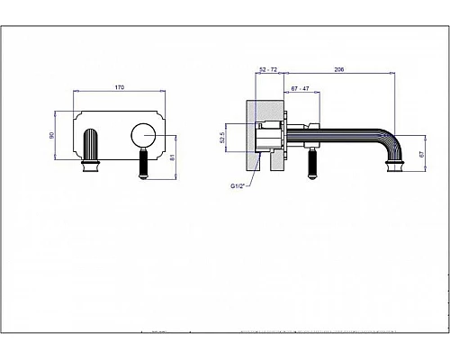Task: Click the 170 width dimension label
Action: (x=120, y=87)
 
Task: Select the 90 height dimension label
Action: (x=51, y=135)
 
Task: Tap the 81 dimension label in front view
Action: (x=172, y=157)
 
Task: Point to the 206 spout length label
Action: (x=339, y=69)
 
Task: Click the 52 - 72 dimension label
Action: (x=268, y=69)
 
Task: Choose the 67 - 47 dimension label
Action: (x=300, y=88)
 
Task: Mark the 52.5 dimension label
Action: (x=222, y=138)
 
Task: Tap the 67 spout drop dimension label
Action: (x=422, y=155)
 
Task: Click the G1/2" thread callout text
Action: (x=238, y=186)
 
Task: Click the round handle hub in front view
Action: (x=143, y=136)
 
